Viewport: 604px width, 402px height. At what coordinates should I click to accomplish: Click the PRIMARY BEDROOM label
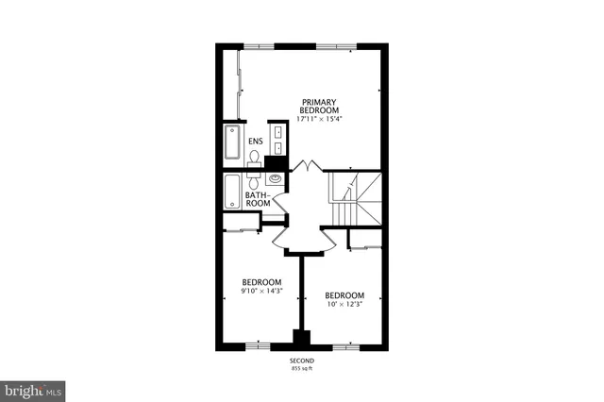pos(318,106)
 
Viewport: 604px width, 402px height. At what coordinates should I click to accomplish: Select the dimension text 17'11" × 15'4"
pos(318,120)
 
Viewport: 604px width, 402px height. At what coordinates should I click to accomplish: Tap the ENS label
pos(255,142)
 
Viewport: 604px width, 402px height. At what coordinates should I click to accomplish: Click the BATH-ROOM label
pos(258,200)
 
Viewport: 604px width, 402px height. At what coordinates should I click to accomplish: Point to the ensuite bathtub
pos(232,145)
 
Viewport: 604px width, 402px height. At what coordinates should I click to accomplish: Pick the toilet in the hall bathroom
pos(255,182)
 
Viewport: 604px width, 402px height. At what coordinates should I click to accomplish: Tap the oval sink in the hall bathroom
pos(276,178)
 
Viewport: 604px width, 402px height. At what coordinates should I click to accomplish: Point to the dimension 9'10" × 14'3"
pos(261,292)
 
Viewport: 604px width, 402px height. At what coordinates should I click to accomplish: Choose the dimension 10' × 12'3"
pos(344,304)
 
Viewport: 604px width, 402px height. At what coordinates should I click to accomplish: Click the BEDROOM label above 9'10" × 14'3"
pos(261,282)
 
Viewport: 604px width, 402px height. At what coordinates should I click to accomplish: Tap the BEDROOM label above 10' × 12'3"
pos(344,294)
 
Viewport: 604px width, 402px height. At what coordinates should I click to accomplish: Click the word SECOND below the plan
pos(301,361)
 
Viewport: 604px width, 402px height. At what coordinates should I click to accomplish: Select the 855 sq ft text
pos(301,369)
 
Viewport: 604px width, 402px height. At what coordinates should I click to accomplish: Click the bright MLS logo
pos(32,388)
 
